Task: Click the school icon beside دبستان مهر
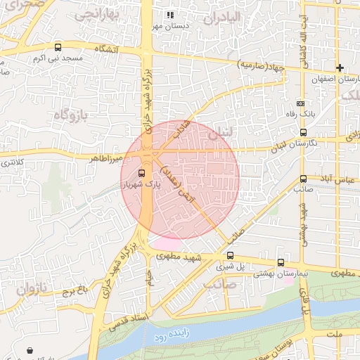pyautogui.click(x=169, y=14)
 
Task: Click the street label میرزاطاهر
pyautogui.click(x=105, y=157)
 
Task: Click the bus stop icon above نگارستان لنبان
pyautogui.click(x=303, y=132)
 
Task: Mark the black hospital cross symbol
pyautogui.click(x=340, y=68)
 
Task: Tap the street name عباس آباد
pyautogui.click(x=335, y=180)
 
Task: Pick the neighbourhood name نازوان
pyautogui.click(x=31, y=288)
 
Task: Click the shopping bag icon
pyautogui.click(x=30, y=349)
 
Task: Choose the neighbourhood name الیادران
pyautogui.click(x=222, y=17)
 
